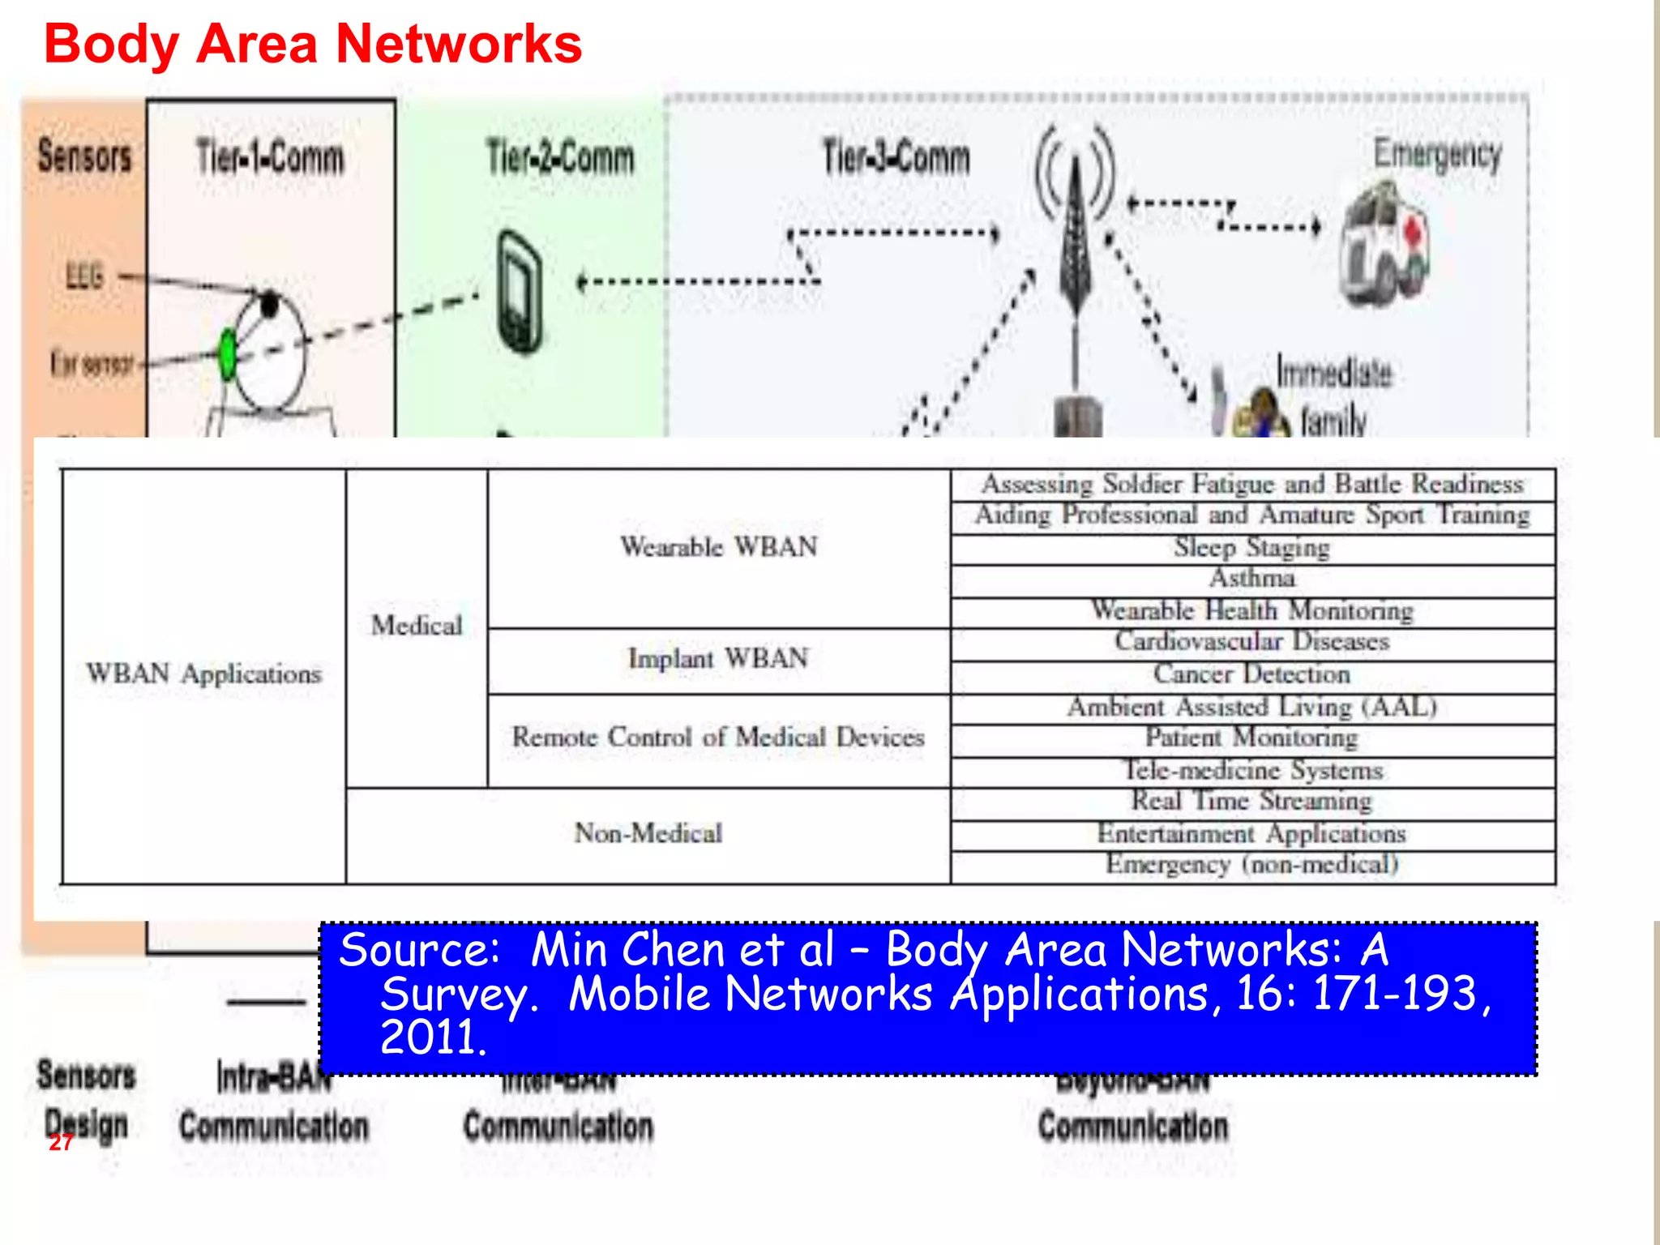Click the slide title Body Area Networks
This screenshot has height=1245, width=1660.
coord(313,44)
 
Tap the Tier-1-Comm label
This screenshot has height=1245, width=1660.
coord(270,157)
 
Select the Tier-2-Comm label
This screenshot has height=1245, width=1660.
coord(560,157)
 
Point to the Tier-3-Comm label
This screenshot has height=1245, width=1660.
coord(896,157)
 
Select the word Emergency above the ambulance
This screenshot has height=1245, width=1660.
coord(1437,154)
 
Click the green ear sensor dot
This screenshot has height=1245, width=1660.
coord(228,354)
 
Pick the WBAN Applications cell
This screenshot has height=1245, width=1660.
coord(204,674)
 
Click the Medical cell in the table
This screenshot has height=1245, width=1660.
coord(417,626)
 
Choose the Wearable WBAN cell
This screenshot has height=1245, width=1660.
coord(718,547)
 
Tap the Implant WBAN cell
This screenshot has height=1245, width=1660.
coord(718,658)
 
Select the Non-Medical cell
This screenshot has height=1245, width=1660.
coord(648,833)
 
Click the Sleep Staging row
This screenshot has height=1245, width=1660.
coord(1252,548)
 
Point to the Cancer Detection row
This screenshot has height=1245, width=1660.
coord(1252,674)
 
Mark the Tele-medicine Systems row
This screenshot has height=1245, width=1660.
coord(1252,770)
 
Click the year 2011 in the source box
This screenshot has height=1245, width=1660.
coord(431,1038)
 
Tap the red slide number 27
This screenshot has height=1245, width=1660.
coord(61,1143)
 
